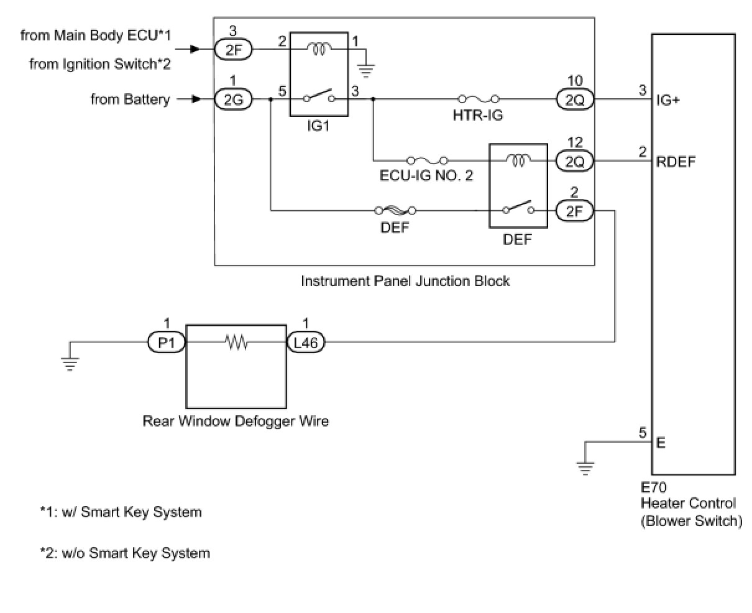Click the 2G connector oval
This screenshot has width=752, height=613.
point(234,99)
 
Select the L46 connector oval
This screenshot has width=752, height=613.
point(305,342)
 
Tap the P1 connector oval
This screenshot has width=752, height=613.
point(166,342)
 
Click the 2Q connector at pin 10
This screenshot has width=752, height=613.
point(575,99)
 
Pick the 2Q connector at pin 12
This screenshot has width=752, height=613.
point(575,162)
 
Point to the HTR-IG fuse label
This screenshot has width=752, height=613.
point(477,116)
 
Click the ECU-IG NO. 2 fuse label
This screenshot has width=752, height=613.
point(426,175)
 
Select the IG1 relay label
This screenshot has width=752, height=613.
point(318,126)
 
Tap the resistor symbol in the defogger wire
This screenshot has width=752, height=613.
point(236,342)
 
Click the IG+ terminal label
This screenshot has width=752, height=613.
point(667,99)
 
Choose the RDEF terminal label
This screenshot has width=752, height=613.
point(676,162)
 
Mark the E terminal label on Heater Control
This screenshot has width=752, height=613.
point(661,443)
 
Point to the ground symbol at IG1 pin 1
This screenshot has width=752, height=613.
point(367,70)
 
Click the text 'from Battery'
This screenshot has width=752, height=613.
point(130,99)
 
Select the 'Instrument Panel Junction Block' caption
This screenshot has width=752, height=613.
point(405,281)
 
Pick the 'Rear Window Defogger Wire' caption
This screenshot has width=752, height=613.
point(236,422)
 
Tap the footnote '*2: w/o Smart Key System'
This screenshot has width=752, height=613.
point(125,553)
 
